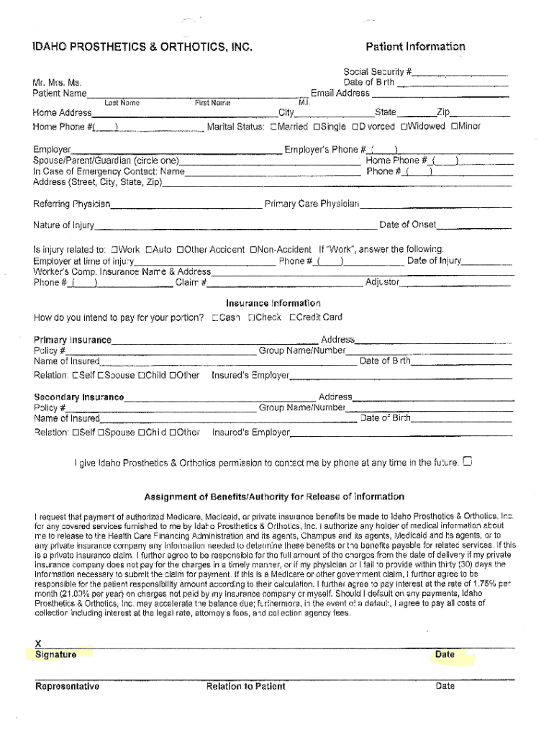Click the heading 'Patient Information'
tap(415, 47)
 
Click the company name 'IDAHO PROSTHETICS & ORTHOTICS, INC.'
tap(142, 48)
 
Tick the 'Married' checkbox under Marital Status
tap(273, 127)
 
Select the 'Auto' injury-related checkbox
tap(149, 250)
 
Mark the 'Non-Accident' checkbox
tap(253, 250)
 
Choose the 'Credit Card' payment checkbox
tap(293, 317)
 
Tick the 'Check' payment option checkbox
tap(251, 317)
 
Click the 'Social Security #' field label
tap(377, 72)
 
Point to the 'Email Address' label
tap(340, 93)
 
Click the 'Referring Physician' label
tap(71, 204)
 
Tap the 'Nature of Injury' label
tap(63, 225)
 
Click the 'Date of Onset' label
tap(407, 225)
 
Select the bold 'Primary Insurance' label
tap(73, 340)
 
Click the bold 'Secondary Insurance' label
tap(78, 397)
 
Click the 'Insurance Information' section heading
tap(273, 303)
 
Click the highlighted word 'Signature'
tap(55, 654)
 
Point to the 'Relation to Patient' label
tap(245, 686)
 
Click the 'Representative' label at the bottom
tap(67, 686)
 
